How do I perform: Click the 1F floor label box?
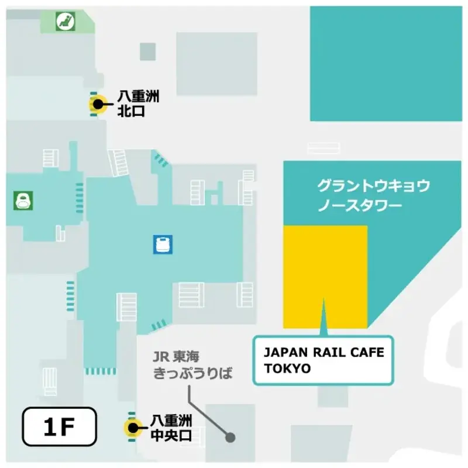[x=58, y=426]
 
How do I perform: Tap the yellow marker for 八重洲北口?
[x=97, y=105]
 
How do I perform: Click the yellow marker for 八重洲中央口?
[x=133, y=428]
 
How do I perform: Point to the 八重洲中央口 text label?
[x=171, y=428]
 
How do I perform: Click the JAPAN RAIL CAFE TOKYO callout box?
[x=320, y=360]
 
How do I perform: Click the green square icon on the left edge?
[x=23, y=201]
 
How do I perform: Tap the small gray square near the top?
[x=148, y=51]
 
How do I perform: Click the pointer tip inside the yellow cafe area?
[x=323, y=300]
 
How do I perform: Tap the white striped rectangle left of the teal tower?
[x=324, y=148]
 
